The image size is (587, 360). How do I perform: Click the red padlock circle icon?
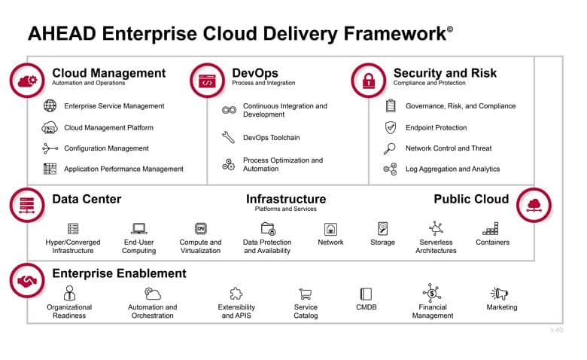[x=368, y=81]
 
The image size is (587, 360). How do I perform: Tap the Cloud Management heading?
[x=108, y=72]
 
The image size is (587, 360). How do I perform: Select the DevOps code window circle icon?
[x=207, y=81]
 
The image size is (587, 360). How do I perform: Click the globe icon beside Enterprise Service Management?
[x=50, y=106]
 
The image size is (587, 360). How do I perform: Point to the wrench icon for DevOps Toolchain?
[x=228, y=138]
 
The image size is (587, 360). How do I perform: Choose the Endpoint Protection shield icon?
[x=391, y=127]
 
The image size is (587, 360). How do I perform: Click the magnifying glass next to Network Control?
[x=389, y=148]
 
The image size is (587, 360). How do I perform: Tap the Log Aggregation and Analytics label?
[x=452, y=169]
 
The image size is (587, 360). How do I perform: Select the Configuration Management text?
[x=106, y=148]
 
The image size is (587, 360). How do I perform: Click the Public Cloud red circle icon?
[x=534, y=205]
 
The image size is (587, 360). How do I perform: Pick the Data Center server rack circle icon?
[x=27, y=205]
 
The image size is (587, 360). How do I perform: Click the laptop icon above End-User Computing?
[x=139, y=228]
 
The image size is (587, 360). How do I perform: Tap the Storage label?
[x=382, y=243]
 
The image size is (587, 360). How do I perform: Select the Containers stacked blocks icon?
[x=491, y=228]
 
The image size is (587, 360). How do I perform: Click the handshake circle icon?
[x=27, y=280]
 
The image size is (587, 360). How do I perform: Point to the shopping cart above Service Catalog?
[x=306, y=294]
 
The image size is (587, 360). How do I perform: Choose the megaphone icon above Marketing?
[x=500, y=294]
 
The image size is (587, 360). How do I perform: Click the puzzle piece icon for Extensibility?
[x=236, y=294]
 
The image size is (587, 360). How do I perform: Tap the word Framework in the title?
[x=394, y=34]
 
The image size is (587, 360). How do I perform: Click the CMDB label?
[x=366, y=307]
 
